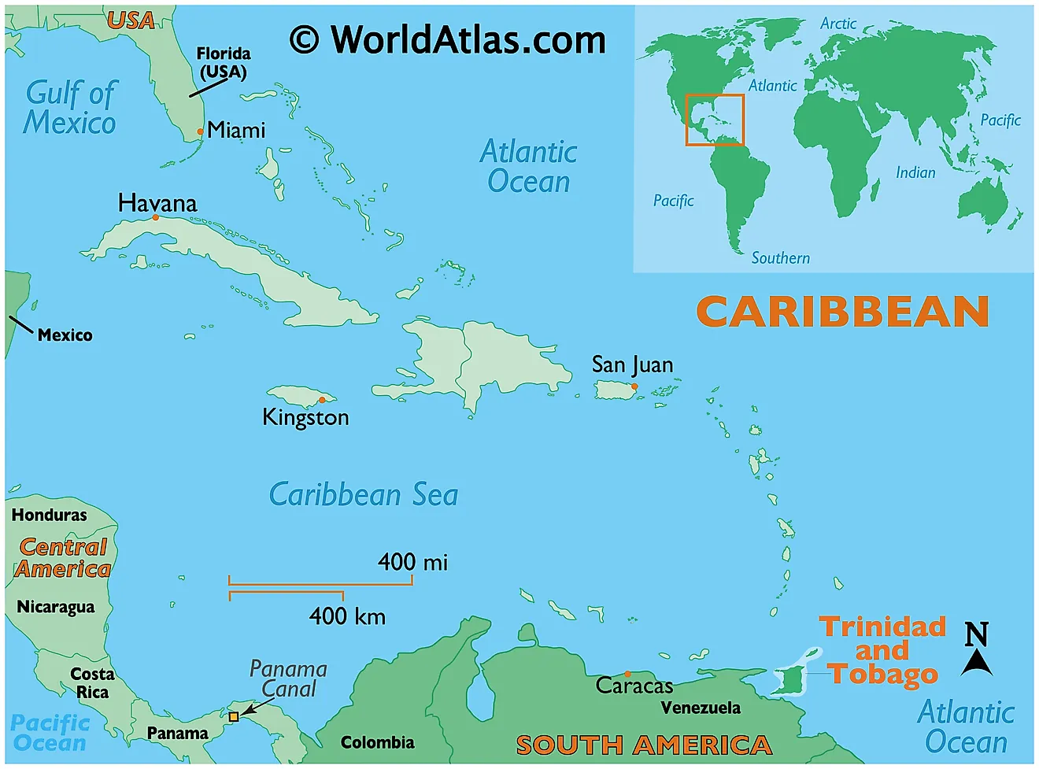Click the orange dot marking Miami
coord(201,131)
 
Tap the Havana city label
coord(157,203)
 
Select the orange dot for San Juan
coord(634,386)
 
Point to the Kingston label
coord(305,417)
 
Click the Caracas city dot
coord(627,674)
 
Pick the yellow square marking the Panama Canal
coord(234,716)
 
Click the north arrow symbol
coord(977,651)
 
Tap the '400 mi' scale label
coord(412,562)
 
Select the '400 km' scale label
coord(347,616)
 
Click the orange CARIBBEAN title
coord(842,312)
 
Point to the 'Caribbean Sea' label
coord(364,494)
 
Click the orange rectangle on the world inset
coord(715,120)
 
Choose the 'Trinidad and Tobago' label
coord(882,650)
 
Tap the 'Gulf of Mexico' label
coord(70,108)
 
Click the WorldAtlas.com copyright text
coord(448,39)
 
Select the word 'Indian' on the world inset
coord(915,172)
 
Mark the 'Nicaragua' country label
coord(55,607)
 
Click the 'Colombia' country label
coord(377,742)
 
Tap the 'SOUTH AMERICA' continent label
coord(643,744)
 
